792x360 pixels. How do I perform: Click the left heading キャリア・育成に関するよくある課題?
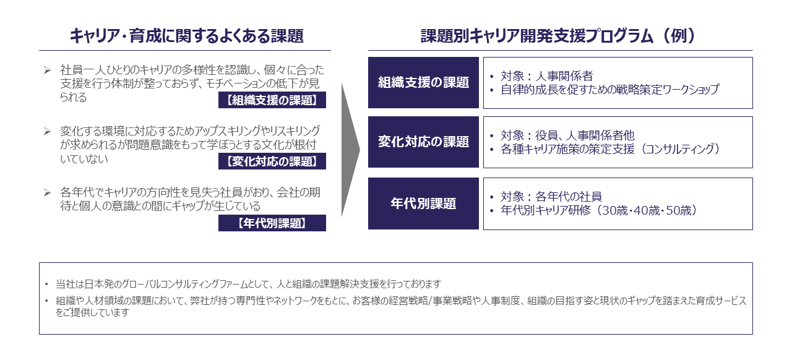click(186, 36)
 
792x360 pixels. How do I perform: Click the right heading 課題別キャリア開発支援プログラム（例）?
click(559, 36)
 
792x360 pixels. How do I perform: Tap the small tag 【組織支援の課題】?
click(272, 100)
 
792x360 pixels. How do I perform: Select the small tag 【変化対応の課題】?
click(272, 161)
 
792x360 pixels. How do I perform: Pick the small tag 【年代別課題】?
click(272, 223)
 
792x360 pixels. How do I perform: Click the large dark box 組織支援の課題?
click(423, 82)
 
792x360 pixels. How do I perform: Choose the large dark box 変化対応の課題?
click(423, 142)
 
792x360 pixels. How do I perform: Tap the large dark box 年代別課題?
click(423, 204)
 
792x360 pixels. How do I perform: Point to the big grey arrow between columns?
click(351, 150)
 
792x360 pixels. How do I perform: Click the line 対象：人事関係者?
click(546, 76)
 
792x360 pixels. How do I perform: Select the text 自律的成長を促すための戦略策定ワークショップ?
click(609, 90)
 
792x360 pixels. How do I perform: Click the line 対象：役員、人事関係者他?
click(567, 135)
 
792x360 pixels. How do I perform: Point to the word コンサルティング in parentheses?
click(680, 149)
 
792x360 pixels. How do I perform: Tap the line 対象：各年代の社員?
click(551, 197)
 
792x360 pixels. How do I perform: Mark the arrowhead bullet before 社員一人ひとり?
click(48, 70)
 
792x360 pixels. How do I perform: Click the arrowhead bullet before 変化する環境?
click(48, 132)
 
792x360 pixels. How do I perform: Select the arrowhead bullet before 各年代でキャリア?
click(48, 193)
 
